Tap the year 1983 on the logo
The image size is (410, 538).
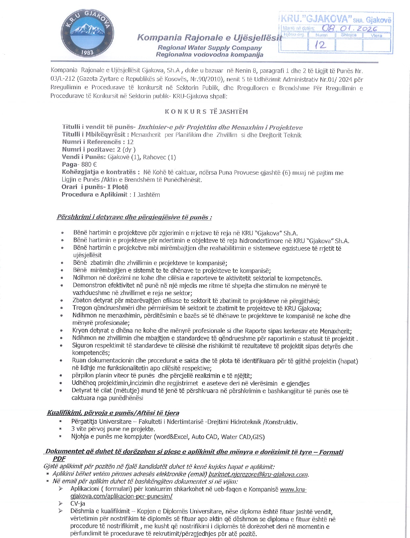click(87, 52)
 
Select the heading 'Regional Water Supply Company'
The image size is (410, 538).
click(209, 48)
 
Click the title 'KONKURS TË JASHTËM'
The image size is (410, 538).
click(206, 111)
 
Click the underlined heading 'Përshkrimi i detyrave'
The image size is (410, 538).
click(134, 217)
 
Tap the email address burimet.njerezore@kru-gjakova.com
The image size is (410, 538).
click(258, 475)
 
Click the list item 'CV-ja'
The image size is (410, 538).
click(78, 504)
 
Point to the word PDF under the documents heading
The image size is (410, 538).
click(59, 459)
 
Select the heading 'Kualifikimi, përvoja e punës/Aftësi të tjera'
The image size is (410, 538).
click(113, 413)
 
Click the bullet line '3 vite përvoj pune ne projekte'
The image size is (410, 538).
click(113, 429)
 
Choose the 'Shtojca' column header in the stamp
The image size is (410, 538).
click(349, 35)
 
